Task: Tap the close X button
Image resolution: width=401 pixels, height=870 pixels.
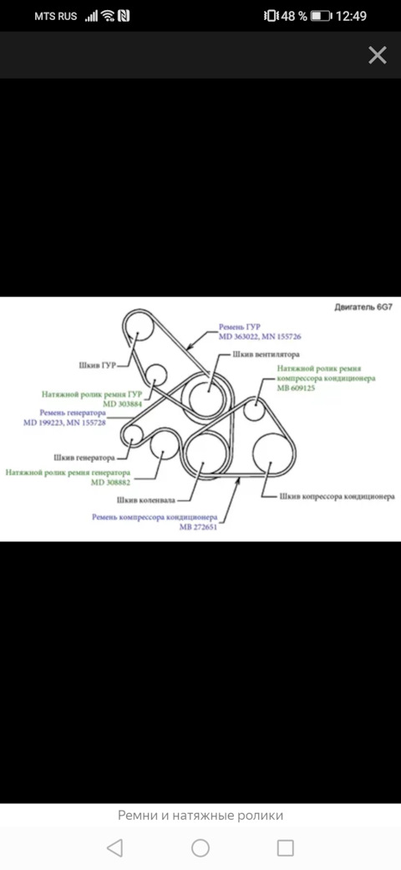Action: (377, 55)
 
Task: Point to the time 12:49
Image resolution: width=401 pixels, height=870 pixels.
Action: (351, 16)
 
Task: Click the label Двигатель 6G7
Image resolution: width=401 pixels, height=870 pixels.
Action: (363, 307)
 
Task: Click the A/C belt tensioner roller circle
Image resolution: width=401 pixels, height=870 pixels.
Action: (254, 409)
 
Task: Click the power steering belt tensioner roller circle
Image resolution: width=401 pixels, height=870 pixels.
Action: (157, 375)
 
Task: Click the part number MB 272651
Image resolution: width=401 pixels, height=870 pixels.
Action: (198, 528)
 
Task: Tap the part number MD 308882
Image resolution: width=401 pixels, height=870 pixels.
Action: (111, 482)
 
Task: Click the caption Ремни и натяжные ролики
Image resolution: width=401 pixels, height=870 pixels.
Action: (200, 815)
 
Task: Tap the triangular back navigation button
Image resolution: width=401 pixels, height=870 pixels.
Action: (114, 847)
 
